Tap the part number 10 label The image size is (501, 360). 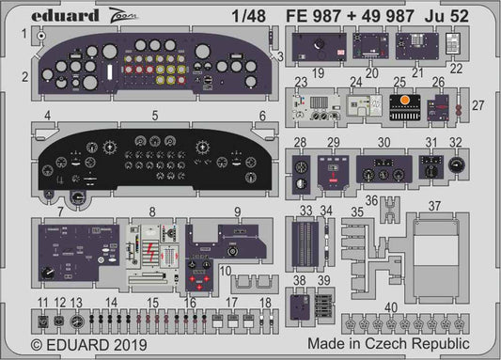[226, 272]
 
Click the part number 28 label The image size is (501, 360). [299, 142]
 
